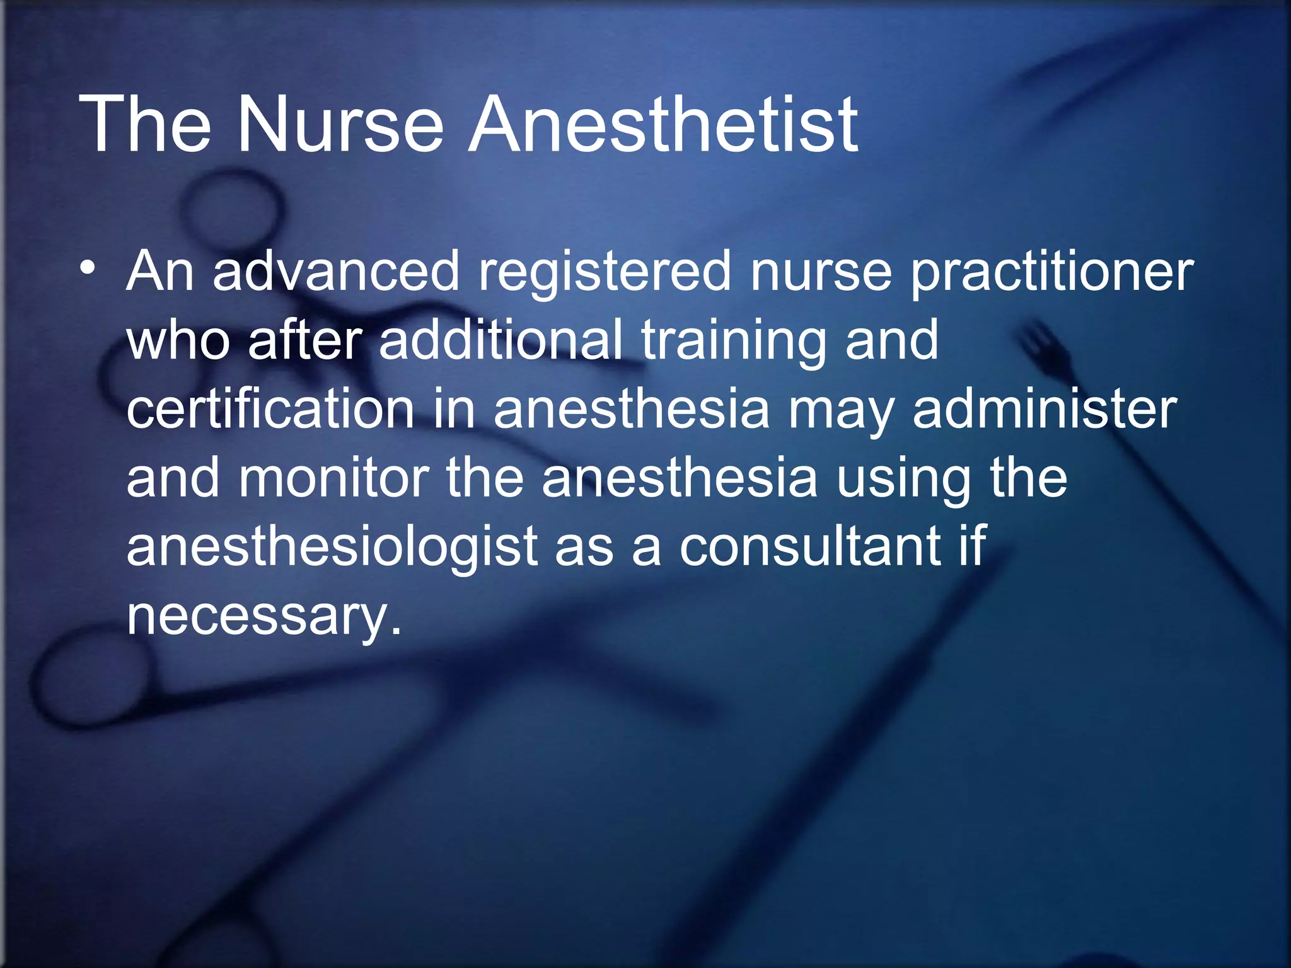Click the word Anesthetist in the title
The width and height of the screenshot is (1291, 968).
(x=662, y=124)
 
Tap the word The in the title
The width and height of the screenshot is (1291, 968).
(x=144, y=124)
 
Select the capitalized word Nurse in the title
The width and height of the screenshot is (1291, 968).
(x=340, y=124)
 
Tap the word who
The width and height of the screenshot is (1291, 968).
(x=178, y=340)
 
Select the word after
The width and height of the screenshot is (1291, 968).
(x=305, y=340)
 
